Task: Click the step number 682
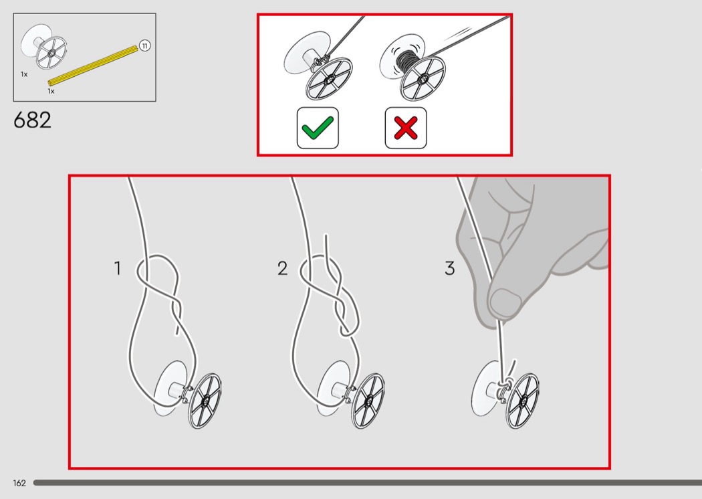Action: [32, 120]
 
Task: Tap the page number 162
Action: [19, 483]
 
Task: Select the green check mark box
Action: [318, 128]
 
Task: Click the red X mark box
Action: [406, 128]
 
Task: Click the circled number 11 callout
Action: [144, 45]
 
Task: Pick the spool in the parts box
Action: [43, 47]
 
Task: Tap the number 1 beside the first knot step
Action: [117, 268]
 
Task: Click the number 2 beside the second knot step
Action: [283, 268]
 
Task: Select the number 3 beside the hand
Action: [449, 268]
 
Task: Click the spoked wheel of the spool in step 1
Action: [205, 401]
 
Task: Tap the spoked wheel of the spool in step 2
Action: [368, 401]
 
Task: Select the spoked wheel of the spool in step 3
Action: [522, 401]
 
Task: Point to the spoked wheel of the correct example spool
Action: [329, 80]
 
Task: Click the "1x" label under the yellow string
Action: [51, 92]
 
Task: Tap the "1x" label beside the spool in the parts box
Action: [24, 74]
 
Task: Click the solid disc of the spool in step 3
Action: [483, 388]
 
